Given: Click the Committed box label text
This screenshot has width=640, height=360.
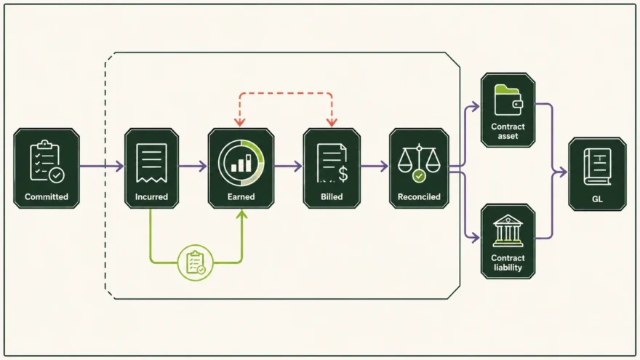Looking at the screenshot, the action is click(46, 197).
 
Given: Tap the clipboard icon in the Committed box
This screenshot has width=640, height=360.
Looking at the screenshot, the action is click(47, 161).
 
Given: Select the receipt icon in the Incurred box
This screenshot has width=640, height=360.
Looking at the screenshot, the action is click(151, 163).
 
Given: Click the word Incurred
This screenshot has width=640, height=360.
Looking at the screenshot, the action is click(151, 197).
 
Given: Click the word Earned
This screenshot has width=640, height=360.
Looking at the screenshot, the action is click(241, 197).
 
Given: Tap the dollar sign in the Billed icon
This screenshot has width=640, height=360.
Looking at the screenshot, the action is click(343, 173).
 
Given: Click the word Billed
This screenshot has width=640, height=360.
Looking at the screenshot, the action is click(332, 197).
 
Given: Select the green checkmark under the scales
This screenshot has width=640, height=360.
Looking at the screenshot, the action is click(419, 176).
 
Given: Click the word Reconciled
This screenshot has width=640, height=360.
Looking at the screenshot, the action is click(419, 197).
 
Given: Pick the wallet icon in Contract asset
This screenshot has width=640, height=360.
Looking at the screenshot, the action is click(508, 100).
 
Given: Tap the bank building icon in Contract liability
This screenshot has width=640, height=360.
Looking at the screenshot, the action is click(508, 231).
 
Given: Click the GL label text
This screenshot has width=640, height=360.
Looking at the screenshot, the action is click(597, 199).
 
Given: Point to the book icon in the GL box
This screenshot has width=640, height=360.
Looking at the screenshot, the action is click(597, 167).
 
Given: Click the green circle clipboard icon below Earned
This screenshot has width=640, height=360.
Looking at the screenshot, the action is click(196, 263).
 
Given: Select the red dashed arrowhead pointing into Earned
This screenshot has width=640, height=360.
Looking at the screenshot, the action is click(239, 122).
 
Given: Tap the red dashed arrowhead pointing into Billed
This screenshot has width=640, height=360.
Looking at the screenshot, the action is click(332, 122).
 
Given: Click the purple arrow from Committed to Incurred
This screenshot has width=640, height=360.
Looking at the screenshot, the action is click(102, 166).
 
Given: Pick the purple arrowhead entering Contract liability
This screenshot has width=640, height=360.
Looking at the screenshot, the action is click(475, 237).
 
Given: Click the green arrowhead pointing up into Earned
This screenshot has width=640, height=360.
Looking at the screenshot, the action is click(242, 214).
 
